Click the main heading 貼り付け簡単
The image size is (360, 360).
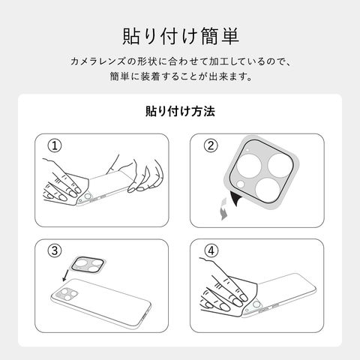(x=181, y=37)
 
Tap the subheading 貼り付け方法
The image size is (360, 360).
(x=180, y=112)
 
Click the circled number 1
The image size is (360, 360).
(x=55, y=145)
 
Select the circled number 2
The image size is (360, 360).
(x=211, y=145)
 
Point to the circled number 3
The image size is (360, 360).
(x=55, y=250)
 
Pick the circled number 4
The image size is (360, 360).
(x=211, y=250)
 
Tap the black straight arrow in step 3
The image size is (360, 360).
(x=66, y=275)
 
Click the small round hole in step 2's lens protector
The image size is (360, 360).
(x=241, y=184)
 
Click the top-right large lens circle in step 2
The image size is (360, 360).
(x=280, y=166)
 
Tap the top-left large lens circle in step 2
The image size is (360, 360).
(x=249, y=166)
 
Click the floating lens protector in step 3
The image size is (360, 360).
(x=88, y=265)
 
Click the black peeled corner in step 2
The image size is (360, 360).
(x=235, y=198)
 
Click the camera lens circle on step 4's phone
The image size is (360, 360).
(x=256, y=304)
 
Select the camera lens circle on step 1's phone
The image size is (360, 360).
(x=87, y=197)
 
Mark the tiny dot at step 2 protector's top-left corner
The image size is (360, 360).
(x=247, y=150)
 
